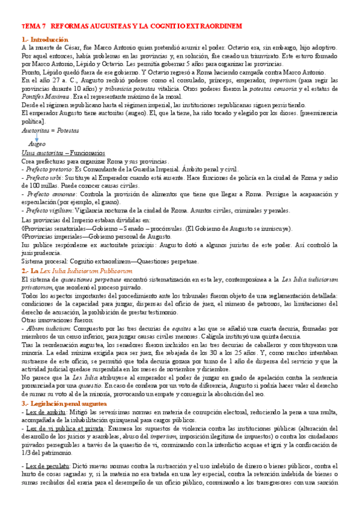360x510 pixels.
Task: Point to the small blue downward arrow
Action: coord(36,138)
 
